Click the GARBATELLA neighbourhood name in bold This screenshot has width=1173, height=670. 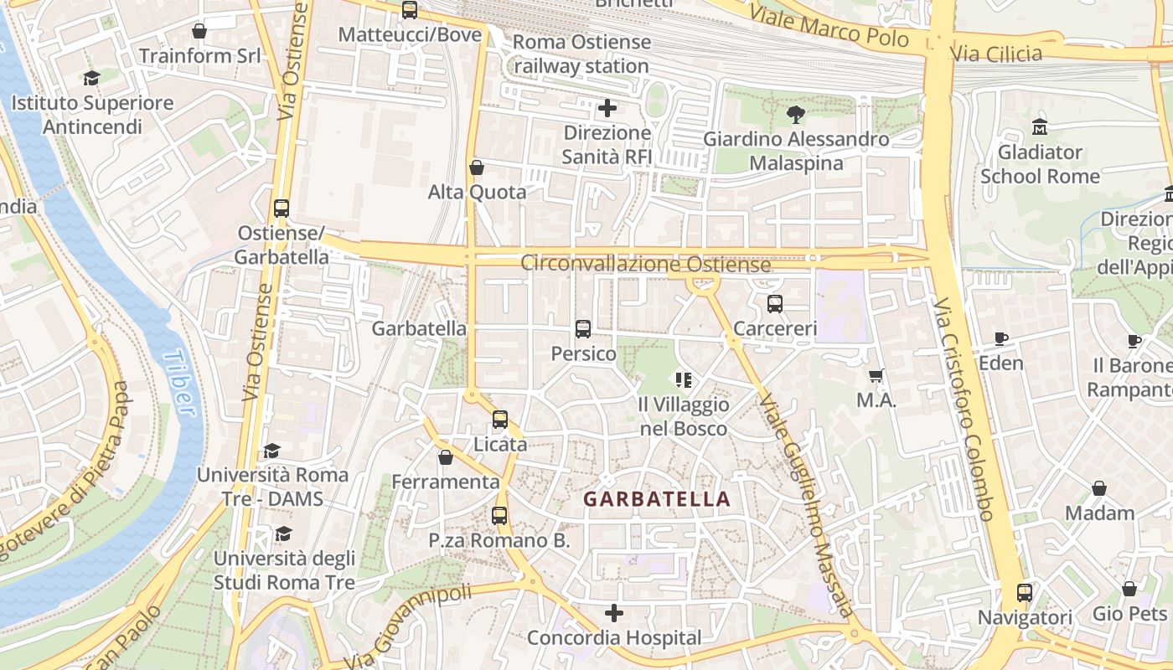(x=657, y=499)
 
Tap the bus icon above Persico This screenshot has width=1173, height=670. (x=583, y=329)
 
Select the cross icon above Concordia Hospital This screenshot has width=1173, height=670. (x=614, y=613)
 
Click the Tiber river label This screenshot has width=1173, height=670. (x=179, y=383)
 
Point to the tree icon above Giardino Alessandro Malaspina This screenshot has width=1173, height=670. (x=796, y=114)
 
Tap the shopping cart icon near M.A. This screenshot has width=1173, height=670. (x=876, y=376)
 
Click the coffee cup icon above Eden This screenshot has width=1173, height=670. (x=1000, y=338)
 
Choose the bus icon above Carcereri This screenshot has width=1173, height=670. (x=775, y=304)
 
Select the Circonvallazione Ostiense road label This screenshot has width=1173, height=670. (x=645, y=264)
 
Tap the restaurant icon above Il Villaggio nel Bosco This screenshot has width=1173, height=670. (x=684, y=380)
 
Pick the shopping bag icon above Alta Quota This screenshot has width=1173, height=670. (x=477, y=167)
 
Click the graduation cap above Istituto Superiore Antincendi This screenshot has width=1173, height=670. (x=91, y=78)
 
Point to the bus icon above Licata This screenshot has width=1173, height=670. (x=500, y=419)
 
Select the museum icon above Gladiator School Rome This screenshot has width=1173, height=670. (x=1041, y=127)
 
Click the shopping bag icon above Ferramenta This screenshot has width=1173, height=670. (x=446, y=457)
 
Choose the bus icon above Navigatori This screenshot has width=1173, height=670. (x=1025, y=593)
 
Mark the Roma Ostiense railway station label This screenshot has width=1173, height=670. (x=581, y=54)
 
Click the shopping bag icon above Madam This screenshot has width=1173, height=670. (x=1099, y=487)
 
